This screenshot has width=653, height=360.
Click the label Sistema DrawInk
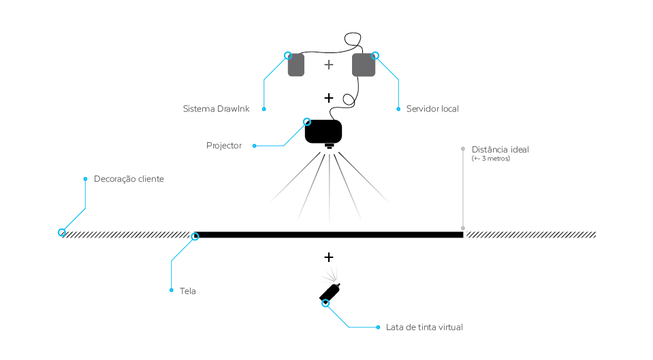coord(217,109)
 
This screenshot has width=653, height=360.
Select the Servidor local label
coord(432,109)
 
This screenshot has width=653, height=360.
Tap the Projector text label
coord(224,146)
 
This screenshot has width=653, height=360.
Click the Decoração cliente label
coord(129,179)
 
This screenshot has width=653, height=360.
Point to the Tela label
coord(188,291)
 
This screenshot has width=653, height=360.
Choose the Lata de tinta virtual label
coord(424,327)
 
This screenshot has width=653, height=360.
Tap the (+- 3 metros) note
coord(490,159)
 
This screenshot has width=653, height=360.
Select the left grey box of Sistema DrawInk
coord(296,65)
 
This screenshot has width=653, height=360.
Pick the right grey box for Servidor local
coord(364,65)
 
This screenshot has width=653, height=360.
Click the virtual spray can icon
coord(330,292)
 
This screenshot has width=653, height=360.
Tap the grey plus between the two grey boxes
coord(329,65)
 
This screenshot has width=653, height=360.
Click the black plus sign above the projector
coord(329,98)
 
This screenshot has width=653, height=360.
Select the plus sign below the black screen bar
coord(329,257)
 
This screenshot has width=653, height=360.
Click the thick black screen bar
coord(330,235)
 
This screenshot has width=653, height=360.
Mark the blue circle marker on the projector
coord(307,122)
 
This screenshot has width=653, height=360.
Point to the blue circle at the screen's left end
coord(195,236)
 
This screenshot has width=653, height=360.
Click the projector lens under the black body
coord(330,146)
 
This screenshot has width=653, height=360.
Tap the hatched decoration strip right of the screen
coord(530,235)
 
